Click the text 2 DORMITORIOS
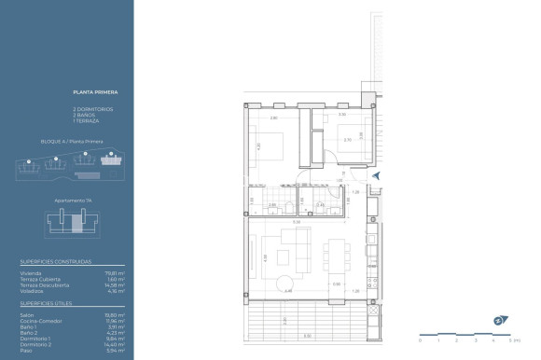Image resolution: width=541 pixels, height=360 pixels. (x=92, y=109)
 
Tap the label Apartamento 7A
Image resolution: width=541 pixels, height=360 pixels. (x=70, y=201)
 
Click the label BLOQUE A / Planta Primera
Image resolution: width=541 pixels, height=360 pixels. (x=72, y=142)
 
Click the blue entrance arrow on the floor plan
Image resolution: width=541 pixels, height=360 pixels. (x=375, y=174)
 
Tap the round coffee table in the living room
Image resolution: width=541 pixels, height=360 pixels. (x=283, y=282)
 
